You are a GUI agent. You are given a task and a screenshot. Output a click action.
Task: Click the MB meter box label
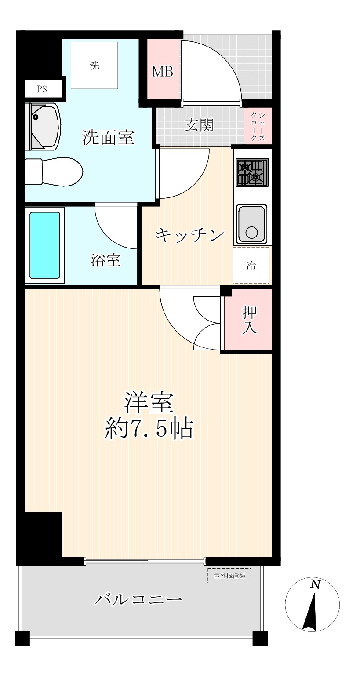[163, 72]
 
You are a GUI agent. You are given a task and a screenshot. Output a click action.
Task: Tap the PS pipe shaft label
[42, 89]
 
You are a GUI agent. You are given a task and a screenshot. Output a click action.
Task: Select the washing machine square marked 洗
[95, 66]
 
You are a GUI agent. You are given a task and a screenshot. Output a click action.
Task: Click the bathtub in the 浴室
[44, 245]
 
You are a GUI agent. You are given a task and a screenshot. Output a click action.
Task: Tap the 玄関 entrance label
[199, 125]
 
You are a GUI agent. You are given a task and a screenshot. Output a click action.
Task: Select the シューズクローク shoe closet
[258, 126]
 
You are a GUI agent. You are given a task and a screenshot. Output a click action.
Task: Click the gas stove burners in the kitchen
[252, 172]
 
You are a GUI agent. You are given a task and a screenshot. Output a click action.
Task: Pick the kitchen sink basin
[251, 224]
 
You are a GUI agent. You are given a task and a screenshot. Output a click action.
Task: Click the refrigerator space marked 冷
[251, 265]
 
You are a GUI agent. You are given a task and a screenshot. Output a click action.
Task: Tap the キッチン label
[190, 235]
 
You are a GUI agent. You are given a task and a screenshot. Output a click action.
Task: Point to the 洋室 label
[149, 403]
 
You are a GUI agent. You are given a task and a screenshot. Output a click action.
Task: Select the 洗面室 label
[108, 138]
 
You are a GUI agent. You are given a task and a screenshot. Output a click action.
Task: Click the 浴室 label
[106, 260]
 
